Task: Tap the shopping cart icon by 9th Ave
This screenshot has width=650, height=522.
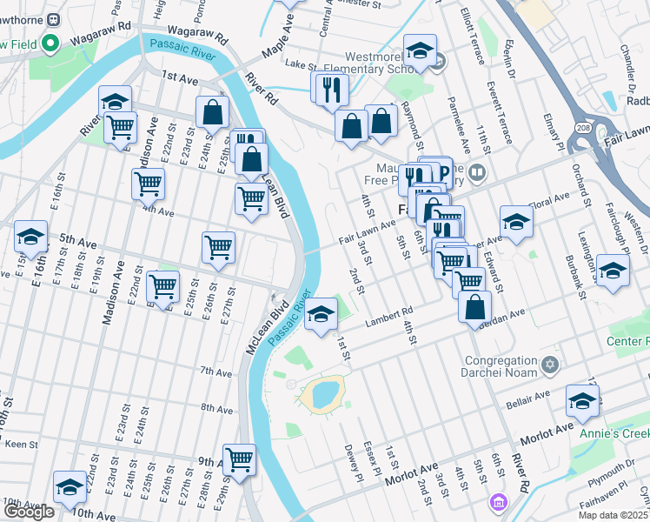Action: [x=239, y=458]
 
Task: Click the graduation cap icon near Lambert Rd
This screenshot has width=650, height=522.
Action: [x=322, y=314]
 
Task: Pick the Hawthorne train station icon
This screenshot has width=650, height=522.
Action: [x=54, y=19]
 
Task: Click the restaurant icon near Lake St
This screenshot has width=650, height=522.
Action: [x=329, y=89]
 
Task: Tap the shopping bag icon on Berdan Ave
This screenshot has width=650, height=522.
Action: [x=475, y=307]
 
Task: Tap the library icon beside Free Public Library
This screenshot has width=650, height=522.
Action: [x=475, y=174]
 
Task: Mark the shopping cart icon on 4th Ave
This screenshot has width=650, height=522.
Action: [x=149, y=184]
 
